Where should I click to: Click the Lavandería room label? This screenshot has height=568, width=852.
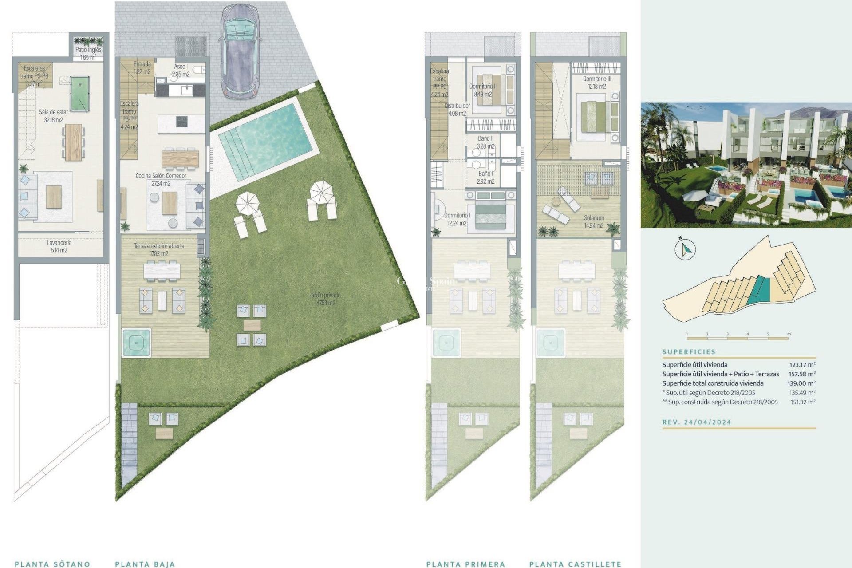click(x=59, y=246)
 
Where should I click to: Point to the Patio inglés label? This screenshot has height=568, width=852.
click(x=88, y=53)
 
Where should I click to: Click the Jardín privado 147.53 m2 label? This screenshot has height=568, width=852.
click(x=325, y=299)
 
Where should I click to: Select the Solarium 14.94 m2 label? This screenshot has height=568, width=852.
click(x=594, y=221)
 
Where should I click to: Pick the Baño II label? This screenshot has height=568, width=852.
click(x=485, y=142)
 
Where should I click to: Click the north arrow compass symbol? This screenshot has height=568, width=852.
click(x=685, y=249)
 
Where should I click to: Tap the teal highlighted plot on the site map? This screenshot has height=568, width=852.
click(x=758, y=289)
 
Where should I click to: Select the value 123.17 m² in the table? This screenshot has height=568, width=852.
click(x=802, y=365)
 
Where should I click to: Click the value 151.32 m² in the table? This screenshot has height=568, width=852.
click(x=802, y=402)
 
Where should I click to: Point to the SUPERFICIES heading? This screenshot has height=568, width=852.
click(x=689, y=351)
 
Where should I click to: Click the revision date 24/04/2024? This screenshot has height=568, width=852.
click(x=707, y=422)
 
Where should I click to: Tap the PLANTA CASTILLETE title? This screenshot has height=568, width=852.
click(x=575, y=564)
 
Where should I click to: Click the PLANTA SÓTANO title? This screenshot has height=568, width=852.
click(x=52, y=564)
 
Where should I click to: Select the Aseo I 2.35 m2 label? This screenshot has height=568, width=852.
click(x=181, y=70)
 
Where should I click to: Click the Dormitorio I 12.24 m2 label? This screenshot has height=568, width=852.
click(x=457, y=219)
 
